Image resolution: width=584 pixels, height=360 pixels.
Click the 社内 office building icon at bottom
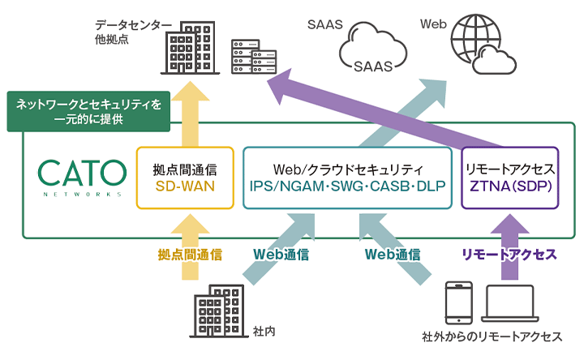point(217,312)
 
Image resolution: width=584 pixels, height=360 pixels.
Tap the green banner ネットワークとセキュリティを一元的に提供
point(89,112)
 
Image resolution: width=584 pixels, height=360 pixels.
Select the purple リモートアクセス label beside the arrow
point(509,254)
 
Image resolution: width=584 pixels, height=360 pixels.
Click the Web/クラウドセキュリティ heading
point(348,169)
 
